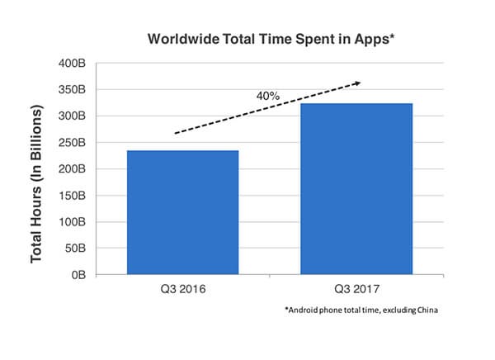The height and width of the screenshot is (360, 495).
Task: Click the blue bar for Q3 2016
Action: pyautogui.click(x=182, y=211)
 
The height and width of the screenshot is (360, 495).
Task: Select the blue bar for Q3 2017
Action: pyautogui.click(x=356, y=188)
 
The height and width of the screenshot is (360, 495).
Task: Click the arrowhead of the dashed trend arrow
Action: pyautogui.click(x=356, y=83)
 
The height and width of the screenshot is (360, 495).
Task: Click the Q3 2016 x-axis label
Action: pyautogui.click(x=182, y=290)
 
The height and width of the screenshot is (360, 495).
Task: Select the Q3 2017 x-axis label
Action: pyautogui.click(x=356, y=290)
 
